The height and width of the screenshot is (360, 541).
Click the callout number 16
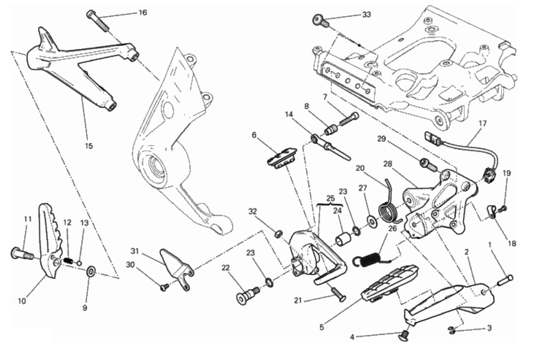coord(143,12)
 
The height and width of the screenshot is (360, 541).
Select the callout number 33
coord(366,14)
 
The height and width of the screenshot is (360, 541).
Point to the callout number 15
coord(89,146)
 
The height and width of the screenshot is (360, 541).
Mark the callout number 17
coord(482,124)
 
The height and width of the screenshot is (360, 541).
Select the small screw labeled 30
coord(164,287)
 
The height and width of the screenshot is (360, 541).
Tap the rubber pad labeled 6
coord(282,157)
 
